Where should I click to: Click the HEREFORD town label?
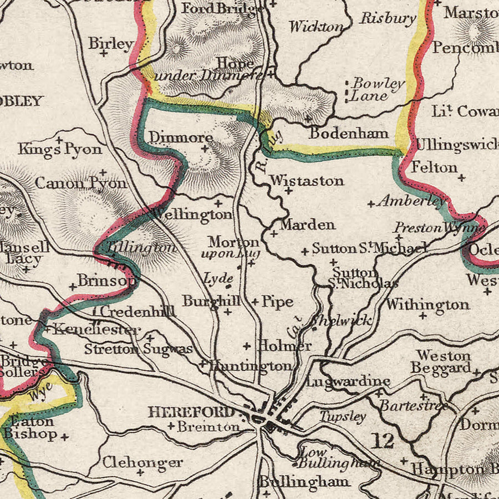191,412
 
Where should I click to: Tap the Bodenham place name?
349,134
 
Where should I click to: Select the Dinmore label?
181,137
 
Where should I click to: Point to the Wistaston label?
307,181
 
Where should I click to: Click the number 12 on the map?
383,441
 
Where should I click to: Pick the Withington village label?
427,304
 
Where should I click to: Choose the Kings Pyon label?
60,149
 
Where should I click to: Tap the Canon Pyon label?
81,182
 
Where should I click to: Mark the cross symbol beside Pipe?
255,302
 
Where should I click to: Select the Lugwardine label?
348,381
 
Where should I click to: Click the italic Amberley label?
412,202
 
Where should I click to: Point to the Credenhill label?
138,312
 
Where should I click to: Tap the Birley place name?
111,43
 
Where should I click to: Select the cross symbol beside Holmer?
247,346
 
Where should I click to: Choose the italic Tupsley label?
343,416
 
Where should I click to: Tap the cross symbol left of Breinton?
171,426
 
